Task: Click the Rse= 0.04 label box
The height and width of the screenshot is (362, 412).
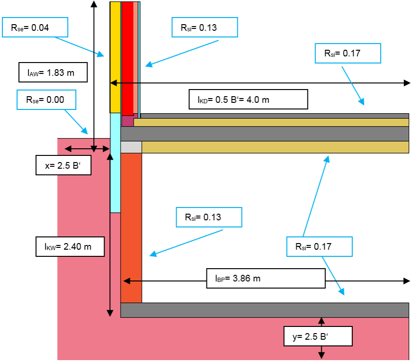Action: tap(35, 27)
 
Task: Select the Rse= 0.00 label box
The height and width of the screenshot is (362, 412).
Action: tap(46, 100)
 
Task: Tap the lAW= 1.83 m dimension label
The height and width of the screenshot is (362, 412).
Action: tap(53, 72)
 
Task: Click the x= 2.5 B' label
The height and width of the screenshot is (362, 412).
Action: tap(63, 165)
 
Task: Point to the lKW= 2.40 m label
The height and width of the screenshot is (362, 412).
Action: tap(70, 246)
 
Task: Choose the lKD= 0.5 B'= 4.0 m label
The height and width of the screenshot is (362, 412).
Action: tap(248, 100)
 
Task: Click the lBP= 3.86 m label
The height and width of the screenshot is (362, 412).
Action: tap(266, 279)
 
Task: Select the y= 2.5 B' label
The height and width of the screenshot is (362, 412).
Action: tap(318, 336)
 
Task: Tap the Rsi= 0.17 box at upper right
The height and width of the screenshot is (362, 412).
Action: tap(348, 54)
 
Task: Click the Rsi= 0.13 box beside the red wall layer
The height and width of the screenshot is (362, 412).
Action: tap(205, 27)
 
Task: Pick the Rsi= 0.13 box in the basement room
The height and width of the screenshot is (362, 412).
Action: tap(209, 217)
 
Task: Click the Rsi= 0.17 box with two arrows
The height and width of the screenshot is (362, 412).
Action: tap(319, 246)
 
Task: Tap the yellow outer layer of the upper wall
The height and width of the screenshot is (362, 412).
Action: tap(115, 57)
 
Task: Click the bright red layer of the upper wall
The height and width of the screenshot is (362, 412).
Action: tap(128, 58)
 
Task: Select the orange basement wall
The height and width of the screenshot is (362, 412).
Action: tap(131, 228)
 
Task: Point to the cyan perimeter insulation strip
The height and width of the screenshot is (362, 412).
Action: tap(115, 163)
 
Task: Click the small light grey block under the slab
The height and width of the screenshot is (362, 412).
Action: tap(131, 147)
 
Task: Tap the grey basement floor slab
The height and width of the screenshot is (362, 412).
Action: tap(265, 310)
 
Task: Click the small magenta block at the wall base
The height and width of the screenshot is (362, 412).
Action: tap(128, 120)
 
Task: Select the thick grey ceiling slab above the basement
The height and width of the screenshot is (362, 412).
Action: tap(265, 134)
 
